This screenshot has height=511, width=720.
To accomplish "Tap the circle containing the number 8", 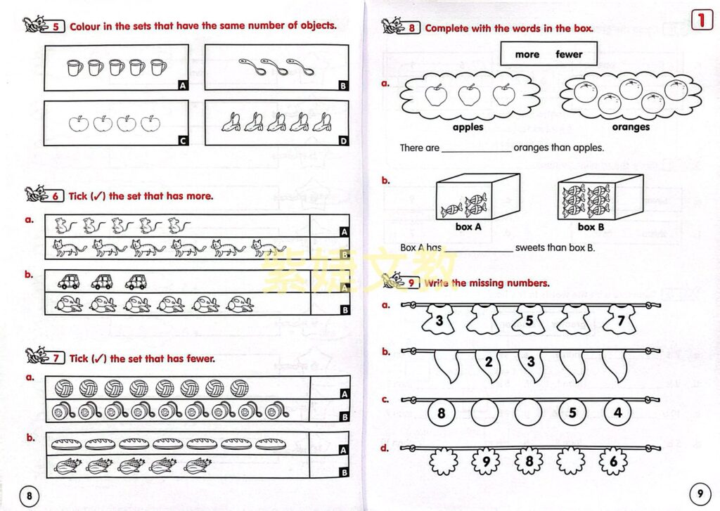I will click(442, 413).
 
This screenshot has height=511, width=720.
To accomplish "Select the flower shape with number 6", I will click(613, 463).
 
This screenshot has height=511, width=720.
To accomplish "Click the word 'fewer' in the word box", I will click(569, 54).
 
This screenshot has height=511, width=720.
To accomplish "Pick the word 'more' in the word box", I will click(527, 54).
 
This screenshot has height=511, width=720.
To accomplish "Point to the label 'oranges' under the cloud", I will click(630, 127).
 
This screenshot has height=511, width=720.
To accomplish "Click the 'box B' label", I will click(590, 227).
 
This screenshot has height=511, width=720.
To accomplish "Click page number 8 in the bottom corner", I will click(29, 496).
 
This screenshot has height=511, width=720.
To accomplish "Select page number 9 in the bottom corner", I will click(700, 492).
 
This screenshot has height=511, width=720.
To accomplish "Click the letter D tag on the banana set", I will click(343, 141).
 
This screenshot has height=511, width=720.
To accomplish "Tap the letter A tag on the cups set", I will click(182, 86).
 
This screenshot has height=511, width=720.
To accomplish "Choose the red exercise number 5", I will click(56, 27).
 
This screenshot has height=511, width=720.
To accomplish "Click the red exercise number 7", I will click(56, 358).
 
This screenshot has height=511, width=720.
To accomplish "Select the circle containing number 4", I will click(617, 413).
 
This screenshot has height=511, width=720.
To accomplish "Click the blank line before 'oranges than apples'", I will click(477, 149).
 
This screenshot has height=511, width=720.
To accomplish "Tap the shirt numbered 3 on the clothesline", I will click(439, 321).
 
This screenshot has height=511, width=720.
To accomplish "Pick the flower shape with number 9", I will click(486, 463).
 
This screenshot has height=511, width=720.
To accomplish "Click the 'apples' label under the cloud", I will click(468, 127).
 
